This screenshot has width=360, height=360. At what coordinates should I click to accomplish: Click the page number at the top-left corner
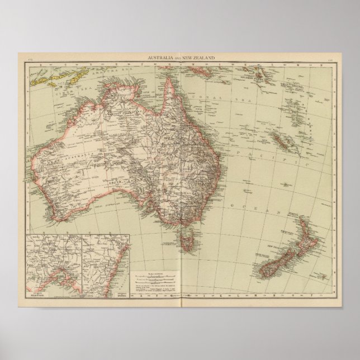(33, 58)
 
